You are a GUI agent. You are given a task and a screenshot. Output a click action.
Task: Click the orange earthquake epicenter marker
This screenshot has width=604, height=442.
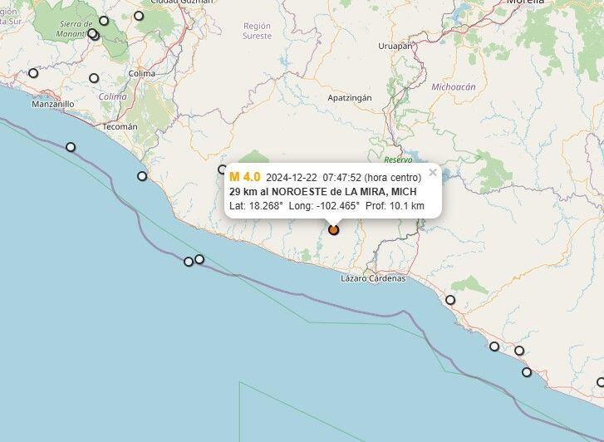point(333,230)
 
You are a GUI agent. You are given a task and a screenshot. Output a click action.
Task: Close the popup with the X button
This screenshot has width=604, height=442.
point(433,173)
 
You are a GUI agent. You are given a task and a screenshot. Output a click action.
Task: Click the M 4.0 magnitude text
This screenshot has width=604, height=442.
point(245,177)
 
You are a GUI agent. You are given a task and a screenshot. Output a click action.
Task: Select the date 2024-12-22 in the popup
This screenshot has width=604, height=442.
point(292,178)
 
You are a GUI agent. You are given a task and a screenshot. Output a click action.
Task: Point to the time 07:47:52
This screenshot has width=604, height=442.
point(342,178)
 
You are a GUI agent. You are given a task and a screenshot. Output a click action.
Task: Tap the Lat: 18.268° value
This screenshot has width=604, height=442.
point(257,206)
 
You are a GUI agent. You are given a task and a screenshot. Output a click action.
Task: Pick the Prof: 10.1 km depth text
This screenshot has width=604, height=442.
point(395,206)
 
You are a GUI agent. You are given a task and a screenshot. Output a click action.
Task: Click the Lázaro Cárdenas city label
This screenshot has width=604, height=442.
point(373,278)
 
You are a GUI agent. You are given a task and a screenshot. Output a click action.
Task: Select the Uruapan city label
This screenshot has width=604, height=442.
point(395,47)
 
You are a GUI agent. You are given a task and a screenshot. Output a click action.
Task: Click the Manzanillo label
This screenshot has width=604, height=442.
point(52,105)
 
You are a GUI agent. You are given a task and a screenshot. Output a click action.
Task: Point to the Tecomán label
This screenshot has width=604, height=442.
point(120,126)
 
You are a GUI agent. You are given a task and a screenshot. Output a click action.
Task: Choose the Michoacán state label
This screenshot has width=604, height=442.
point(454,86)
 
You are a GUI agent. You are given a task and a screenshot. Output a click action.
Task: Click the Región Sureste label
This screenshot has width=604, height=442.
point(257,31)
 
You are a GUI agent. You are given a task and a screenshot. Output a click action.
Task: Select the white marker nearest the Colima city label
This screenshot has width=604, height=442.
point(94,78)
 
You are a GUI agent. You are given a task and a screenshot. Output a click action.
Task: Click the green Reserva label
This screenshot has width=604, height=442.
point(398,159)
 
